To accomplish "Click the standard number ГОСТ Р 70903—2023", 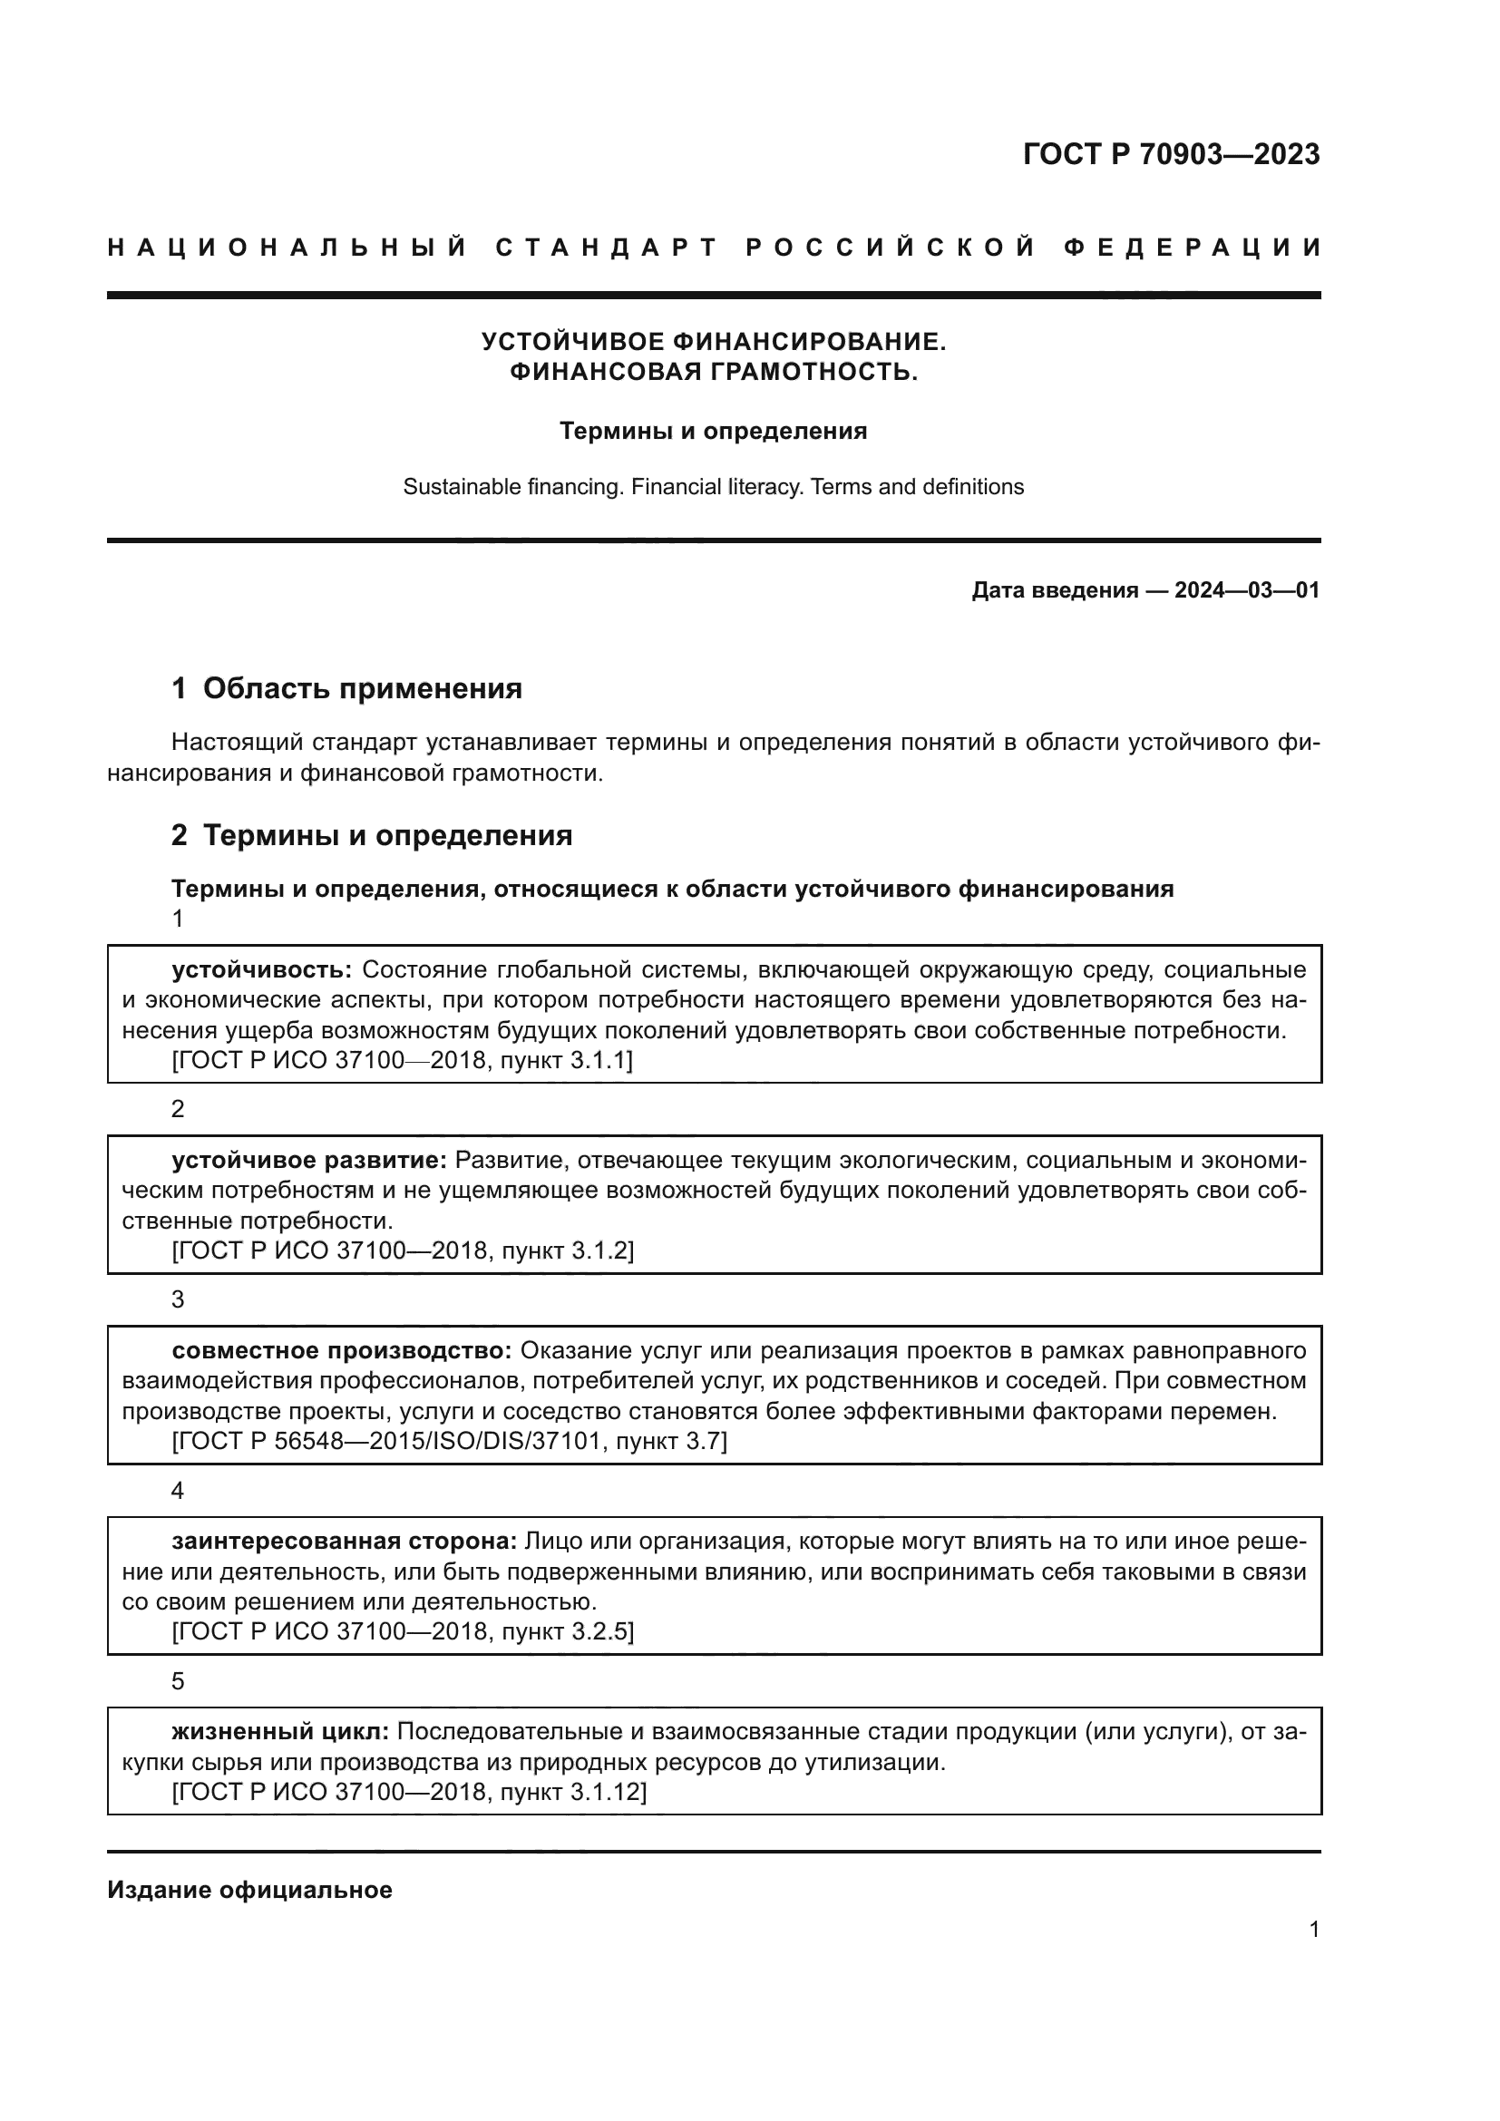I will click(1171, 154).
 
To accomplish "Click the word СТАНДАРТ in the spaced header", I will click(606, 248).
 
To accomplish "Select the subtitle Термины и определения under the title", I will click(713, 432).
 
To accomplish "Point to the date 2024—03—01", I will click(1246, 590).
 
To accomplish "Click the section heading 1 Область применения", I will click(346, 688).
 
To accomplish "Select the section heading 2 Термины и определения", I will click(371, 835).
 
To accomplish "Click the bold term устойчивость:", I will click(261, 970).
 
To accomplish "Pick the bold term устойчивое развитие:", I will click(309, 1161).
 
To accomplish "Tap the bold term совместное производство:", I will click(341, 1350).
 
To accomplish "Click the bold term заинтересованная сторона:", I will click(344, 1541).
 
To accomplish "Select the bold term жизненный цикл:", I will click(280, 1731).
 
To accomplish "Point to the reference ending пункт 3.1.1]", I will click(566, 1061).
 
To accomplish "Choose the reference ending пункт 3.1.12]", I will click(572, 1792).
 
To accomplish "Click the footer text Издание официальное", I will click(249, 1890).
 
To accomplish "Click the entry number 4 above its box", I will click(179, 1491).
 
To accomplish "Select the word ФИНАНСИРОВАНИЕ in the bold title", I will click(809, 342).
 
